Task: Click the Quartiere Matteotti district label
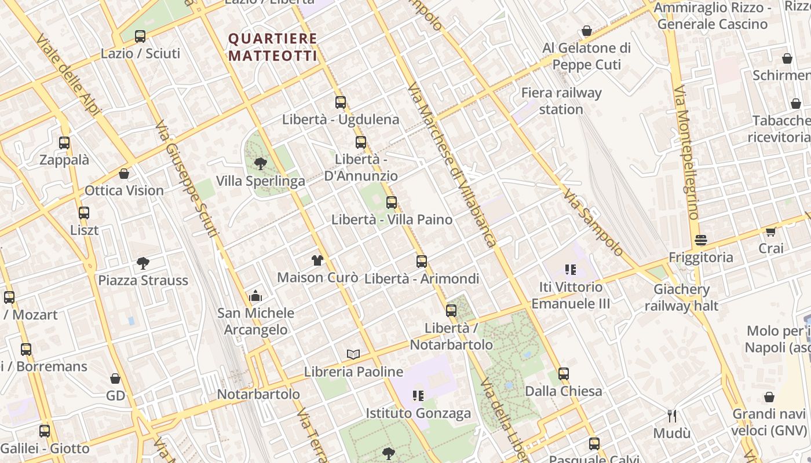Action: tap(273, 47)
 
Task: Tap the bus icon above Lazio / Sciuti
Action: tap(140, 36)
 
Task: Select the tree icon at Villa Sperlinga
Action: tap(260, 164)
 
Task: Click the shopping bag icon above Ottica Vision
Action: tap(124, 174)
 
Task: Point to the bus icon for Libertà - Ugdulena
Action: tap(341, 102)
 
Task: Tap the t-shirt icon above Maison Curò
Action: tap(317, 260)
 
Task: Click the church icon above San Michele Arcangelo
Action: tap(255, 296)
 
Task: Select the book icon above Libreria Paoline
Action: tap(353, 354)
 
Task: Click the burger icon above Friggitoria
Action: tap(701, 240)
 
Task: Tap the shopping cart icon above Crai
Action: tap(770, 231)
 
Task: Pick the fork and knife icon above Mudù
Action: tap(672, 416)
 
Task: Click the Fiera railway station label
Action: tap(561, 101)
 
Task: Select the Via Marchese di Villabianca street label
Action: tap(452, 165)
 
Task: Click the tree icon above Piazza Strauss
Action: tap(143, 263)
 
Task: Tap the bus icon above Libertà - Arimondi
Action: tap(422, 262)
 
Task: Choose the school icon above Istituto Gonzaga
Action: tap(418, 396)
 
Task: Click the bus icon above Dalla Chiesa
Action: tap(564, 374)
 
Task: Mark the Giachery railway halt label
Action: tap(681, 297)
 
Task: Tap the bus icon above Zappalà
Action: tap(64, 143)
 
